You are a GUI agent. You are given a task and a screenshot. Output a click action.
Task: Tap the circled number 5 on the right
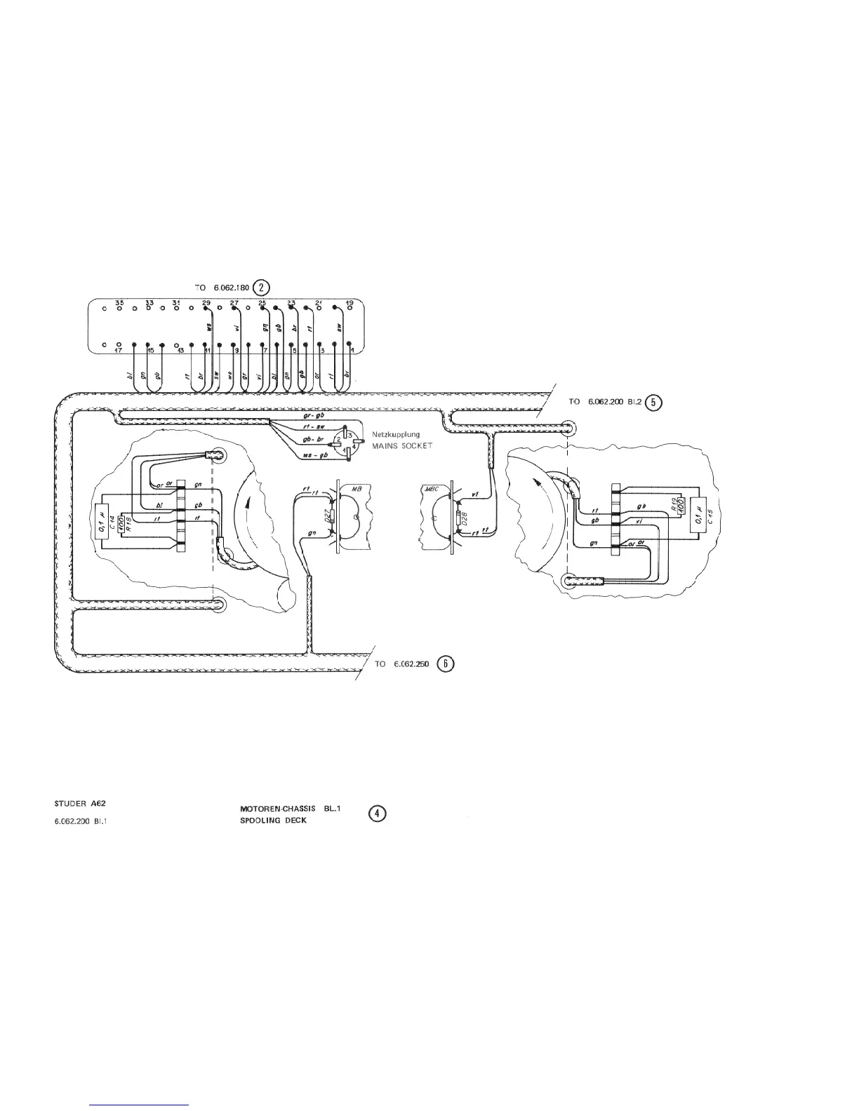[x=653, y=402]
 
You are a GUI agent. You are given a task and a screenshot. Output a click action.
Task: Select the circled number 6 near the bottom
[x=445, y=664]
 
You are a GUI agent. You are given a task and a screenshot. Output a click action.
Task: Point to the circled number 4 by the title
[x=378, y=814]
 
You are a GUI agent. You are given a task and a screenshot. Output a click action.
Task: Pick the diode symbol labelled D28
[x=458, y=520]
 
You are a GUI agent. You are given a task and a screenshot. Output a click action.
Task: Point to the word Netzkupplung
[x=396, y=435]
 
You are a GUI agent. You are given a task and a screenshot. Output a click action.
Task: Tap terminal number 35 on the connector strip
[x=119, y=303]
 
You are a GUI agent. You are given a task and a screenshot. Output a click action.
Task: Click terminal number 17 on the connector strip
[x=120, y=350]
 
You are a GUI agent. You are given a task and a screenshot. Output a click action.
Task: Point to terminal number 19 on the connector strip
[x=349, y=303]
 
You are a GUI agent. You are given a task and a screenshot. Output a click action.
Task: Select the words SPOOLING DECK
[x=273, y=820]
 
